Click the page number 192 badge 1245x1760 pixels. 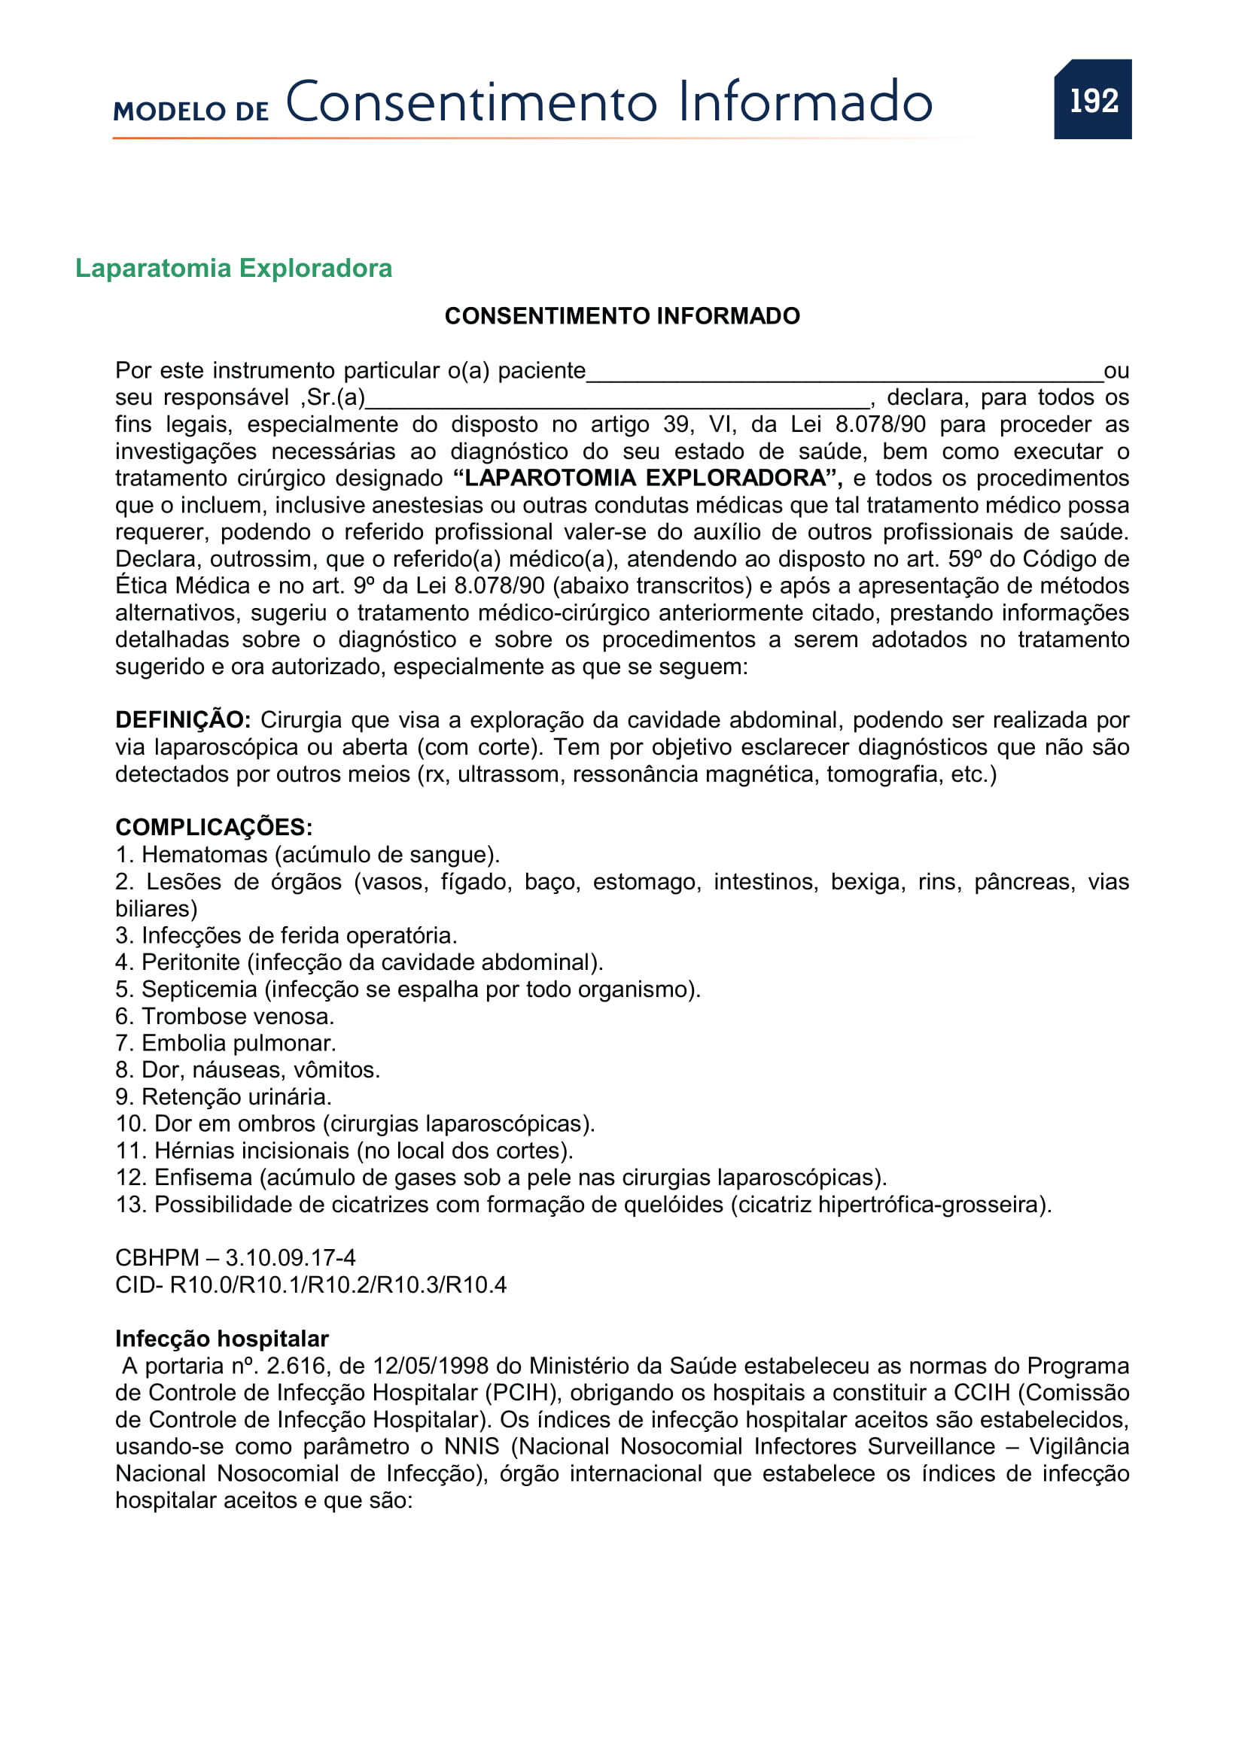click(x=1092, y=99)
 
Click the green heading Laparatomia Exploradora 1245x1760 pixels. click(x=234, y=269)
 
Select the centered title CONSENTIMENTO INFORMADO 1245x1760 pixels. click(x=622, y=316)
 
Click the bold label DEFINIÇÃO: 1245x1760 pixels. click(x=182, y=720)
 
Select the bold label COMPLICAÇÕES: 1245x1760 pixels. click(x=214, y=827)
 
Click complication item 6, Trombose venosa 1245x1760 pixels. click(x=224, y=1016)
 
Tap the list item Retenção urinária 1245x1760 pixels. click(x=223, y=1096)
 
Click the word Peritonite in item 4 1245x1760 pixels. click(x=190, y=962)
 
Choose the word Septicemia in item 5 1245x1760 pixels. click(x=199, y=989)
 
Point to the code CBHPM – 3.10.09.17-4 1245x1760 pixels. click(x=236, y=1257)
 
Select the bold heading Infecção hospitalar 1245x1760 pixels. click(x=221, y=1339)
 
